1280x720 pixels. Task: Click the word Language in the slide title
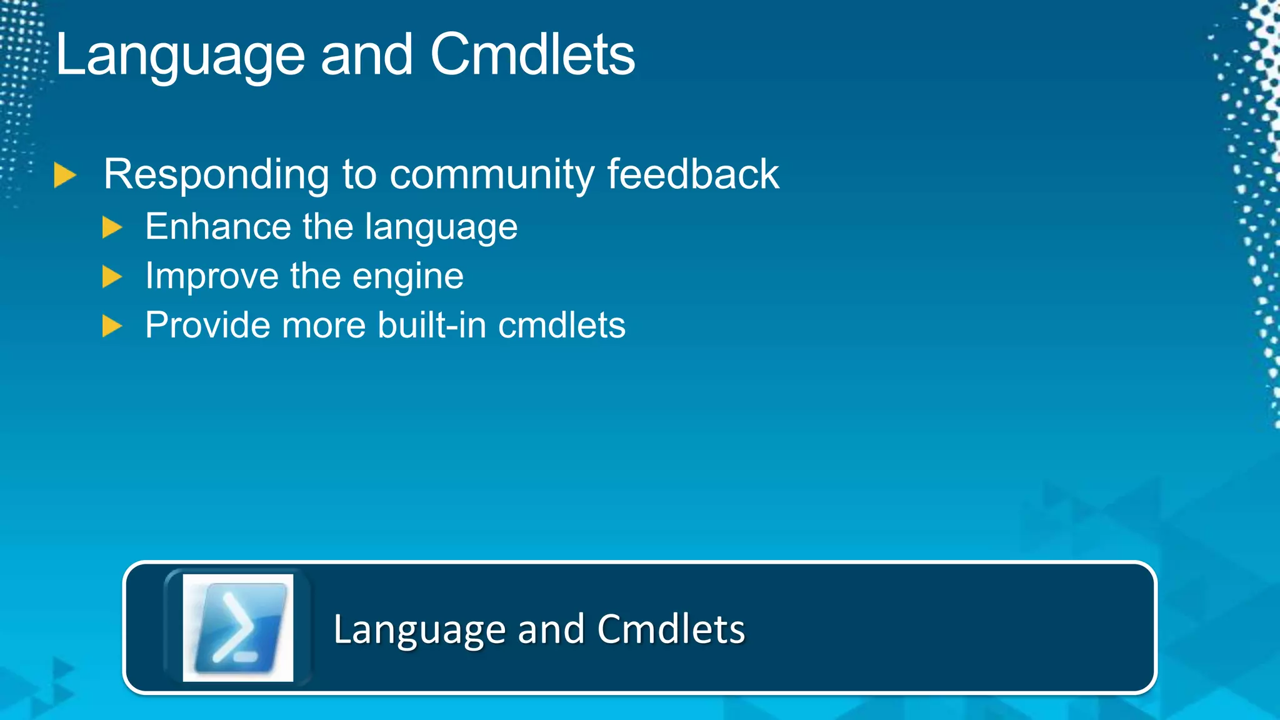click(x=180, y=56)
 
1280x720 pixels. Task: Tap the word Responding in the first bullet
click(x=216, y=174)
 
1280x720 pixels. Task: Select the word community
click(x=492, y=174)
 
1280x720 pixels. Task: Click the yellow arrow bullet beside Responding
click(x=64, y=175)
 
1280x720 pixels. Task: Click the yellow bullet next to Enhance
click(x=112, y=227)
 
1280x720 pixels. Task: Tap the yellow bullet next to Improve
click(x=112, y=276)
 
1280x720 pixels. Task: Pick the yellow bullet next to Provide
click(x=112, y=326)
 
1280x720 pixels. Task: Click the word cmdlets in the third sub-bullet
click(x=561, y=325)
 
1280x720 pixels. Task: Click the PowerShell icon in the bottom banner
click(x=238, y=627)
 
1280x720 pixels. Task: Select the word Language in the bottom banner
click(x=419, y=630)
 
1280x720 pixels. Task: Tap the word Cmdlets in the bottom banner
click(x=671, y=629)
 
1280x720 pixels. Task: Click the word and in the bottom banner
click(x=551, y=629)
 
